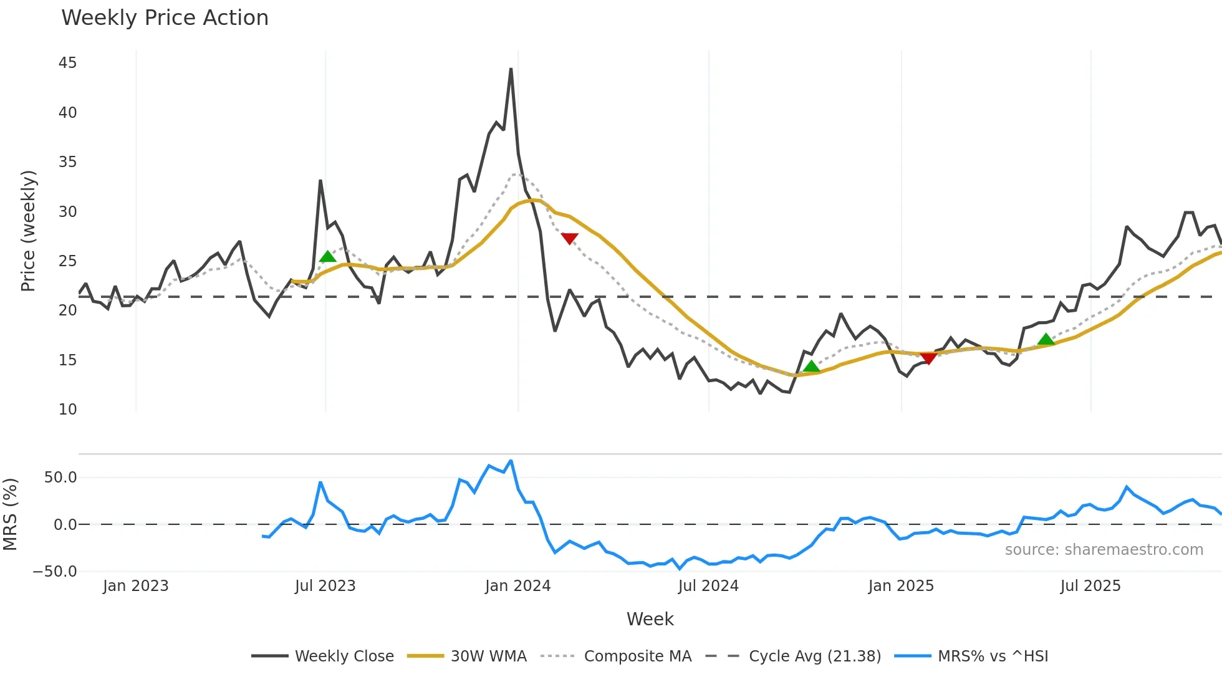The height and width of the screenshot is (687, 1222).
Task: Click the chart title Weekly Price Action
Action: [165, 18]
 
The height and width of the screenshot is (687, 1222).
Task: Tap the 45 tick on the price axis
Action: [67, 63]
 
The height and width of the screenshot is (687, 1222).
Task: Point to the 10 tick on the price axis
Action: [67, 410]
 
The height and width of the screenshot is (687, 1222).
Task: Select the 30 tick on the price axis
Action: [67, 212]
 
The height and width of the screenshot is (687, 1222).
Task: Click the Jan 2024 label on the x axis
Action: [517, 586]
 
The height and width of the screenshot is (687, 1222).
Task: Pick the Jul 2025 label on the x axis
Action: [1090, 586]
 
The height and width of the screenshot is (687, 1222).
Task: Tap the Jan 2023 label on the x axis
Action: [135, 586]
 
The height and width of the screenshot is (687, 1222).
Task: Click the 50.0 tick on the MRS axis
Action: [60, 478]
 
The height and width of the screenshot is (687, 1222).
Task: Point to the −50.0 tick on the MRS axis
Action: [55, 572]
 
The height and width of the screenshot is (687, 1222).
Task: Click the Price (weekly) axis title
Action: [28, 231]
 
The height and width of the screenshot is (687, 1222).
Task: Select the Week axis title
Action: [650, 619]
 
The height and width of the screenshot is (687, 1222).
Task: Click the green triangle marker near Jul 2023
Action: [327, 257]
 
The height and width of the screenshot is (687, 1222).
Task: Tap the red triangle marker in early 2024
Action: [569, 238]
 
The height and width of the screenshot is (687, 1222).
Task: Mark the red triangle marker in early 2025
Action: [928, 358]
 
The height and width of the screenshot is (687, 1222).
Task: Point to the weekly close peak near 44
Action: [511, 69]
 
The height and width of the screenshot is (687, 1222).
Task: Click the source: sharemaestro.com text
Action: [1104, 550]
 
